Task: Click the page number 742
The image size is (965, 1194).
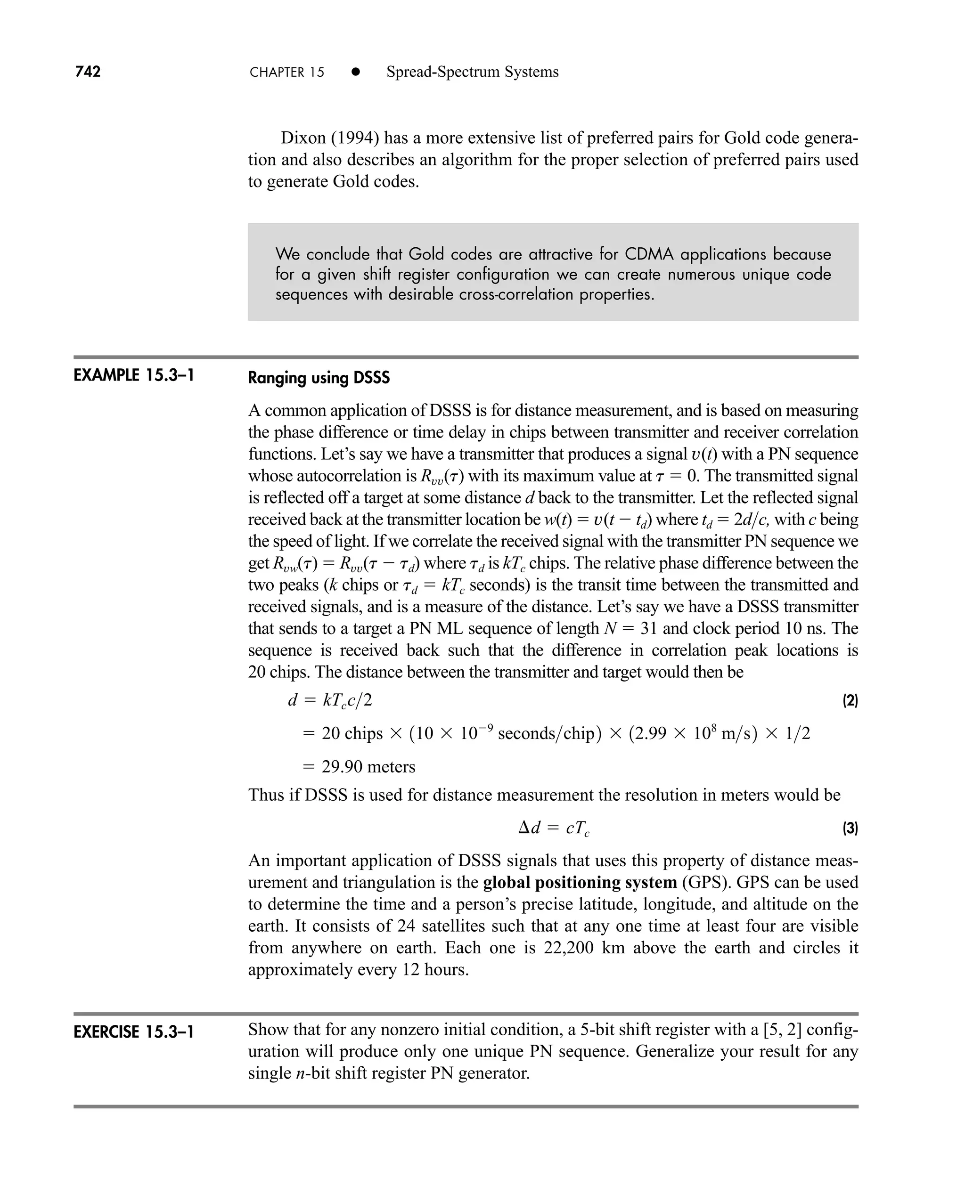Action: click(88, 72)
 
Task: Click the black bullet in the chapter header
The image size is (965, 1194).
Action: click(356, 72)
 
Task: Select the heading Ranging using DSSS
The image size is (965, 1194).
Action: click(319, 378)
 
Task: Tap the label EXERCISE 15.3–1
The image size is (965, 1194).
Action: click(133, 1032)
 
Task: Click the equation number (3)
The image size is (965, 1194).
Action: click(850, 828)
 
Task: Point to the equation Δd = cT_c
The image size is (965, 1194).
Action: click(554, 828)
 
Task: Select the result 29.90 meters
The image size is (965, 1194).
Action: click(368, 767)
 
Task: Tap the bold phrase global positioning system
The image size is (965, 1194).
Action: click(580, 882)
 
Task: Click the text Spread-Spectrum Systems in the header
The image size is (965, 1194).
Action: click(472, 72)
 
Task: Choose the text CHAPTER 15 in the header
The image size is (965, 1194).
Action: click(287, 72)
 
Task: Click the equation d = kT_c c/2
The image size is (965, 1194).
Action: click(330, 700)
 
